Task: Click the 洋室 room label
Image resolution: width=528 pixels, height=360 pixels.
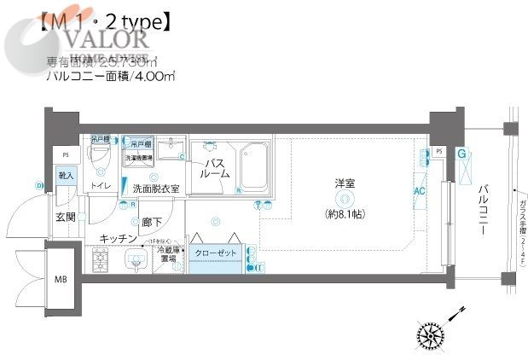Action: tap(345, 183)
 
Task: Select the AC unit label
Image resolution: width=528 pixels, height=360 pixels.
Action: tap(419, 192)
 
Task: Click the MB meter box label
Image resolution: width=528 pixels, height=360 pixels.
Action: tap(61, 279)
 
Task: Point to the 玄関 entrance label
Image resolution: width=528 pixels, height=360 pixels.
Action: tap(66, 217)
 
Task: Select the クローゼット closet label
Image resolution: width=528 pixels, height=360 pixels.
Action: tap(214, 254)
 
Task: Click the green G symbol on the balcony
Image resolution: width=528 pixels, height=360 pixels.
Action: tap(461, 154)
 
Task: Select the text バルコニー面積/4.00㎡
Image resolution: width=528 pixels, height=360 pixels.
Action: tap(111, 77)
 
